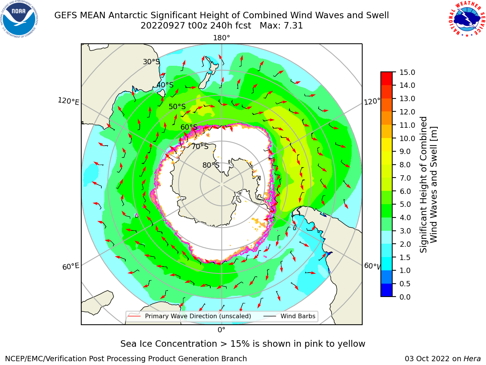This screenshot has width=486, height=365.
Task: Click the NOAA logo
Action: coord(19,19)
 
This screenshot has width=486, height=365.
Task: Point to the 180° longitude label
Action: coord(221,38)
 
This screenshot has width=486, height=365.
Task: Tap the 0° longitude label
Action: coord(221,330)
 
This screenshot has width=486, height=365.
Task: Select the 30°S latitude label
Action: coord(151,62)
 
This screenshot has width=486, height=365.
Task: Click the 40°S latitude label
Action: coord(165,85)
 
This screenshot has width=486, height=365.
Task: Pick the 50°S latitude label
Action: coord(177,106)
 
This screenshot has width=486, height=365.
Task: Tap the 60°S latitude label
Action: coord(189,127)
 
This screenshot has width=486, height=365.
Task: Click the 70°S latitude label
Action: coord(200,146)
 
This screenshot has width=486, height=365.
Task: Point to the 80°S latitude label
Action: coord(211,165)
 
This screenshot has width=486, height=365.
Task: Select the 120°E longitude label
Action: coord(68,101)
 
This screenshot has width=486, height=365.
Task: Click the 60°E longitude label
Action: coord(71,267)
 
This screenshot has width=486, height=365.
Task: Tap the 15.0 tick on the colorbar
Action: coord(407,73)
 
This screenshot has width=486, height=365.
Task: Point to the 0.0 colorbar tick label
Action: coord(405,297)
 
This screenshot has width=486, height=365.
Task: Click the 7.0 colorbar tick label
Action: coord(405,178)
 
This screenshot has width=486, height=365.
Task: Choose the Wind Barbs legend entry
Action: coord(289,316)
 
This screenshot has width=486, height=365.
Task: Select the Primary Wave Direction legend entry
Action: coord(189,316)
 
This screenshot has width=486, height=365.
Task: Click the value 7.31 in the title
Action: coord(293,26)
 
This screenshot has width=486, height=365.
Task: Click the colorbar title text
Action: coord(428,185)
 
